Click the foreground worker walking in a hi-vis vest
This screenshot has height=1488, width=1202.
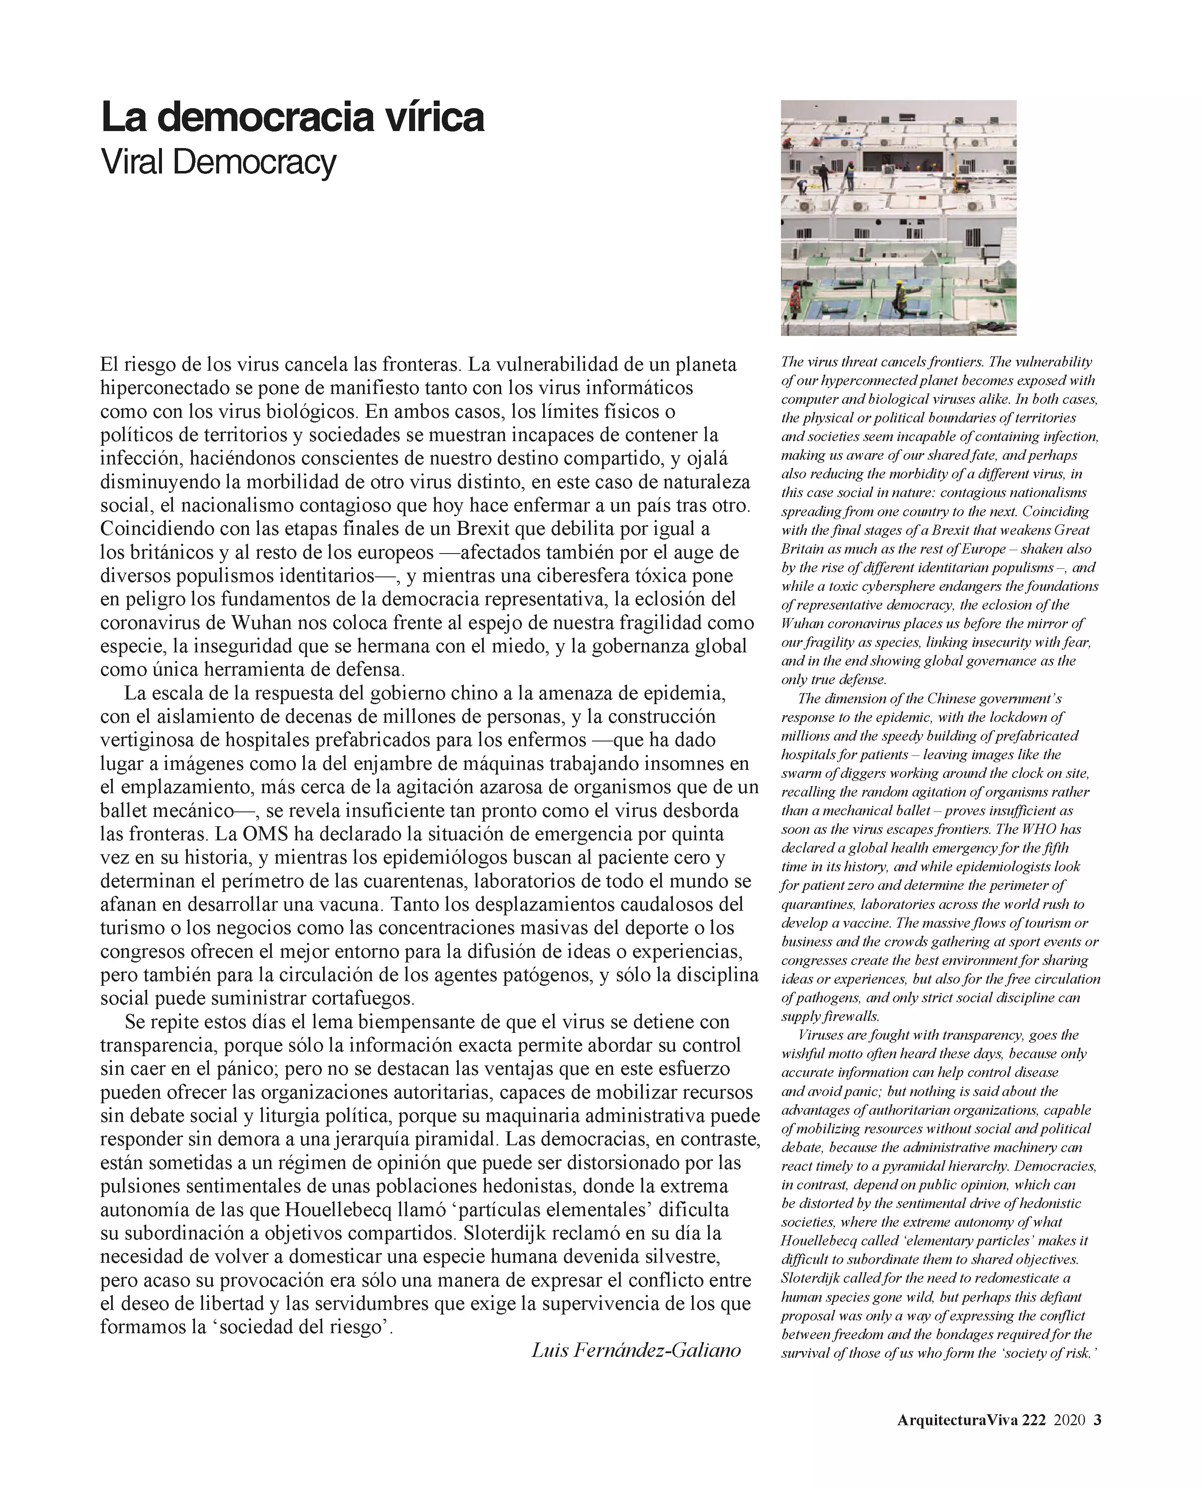pos(901,295)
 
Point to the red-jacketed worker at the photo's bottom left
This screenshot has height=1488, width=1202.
pos(795,296)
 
